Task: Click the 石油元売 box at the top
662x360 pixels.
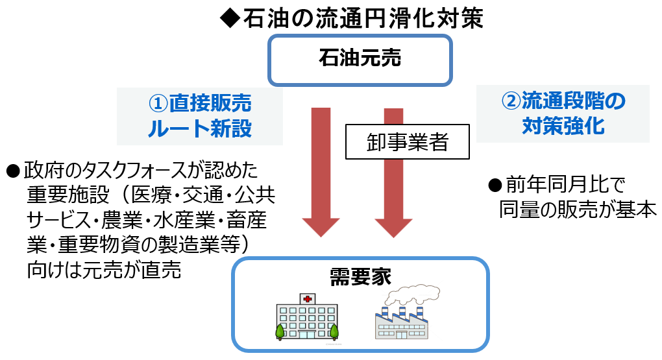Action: point(360,60)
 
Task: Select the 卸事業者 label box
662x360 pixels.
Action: point(407,142)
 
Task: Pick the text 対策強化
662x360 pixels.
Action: point(563,126)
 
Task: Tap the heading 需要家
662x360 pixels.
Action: point(360,276)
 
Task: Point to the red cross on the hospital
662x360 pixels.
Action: point(306,299)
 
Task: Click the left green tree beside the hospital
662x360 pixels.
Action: point(280,331)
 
